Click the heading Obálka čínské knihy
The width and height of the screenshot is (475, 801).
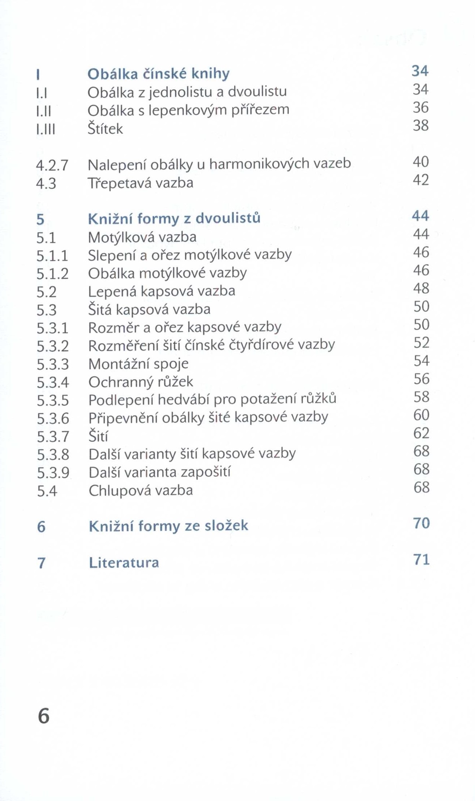(x=158, y=74)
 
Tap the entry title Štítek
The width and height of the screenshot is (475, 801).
(x=105, y=129)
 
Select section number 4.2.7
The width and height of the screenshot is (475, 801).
(x=52, y=165)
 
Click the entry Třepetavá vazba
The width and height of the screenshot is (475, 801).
(x=141, y=183)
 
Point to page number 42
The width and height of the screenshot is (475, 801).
(x=421, y=180)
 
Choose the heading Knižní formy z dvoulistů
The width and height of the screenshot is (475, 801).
(x=174, y=218)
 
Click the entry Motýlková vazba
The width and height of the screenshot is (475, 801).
(x=142, y=237)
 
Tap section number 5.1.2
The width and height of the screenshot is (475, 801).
(x=52, y=274)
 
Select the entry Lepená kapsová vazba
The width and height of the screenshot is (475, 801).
(x=162, y=291)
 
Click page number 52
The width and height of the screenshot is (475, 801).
(x=421, y=343)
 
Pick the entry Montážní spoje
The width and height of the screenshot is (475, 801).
(x=138, y=364)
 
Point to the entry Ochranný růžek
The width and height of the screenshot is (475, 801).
(x=141, y=382)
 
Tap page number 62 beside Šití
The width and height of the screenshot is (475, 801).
(x=421, y=433)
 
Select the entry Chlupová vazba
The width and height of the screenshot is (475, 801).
(x=141, y=490)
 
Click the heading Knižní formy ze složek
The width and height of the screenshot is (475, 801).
(x=169, y=526)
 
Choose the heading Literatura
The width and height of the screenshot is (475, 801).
(x=124, y=562)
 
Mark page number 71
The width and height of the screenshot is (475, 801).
(x=421, y=559)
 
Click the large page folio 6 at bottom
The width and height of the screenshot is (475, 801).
(x=44, y=716)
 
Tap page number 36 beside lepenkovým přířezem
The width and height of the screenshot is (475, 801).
(x=421, y=108)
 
